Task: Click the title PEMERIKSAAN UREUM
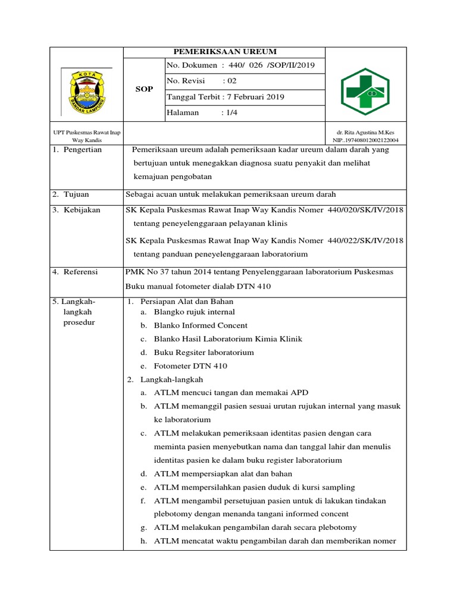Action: click(x=224, y=52)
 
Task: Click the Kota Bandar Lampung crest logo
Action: click(x=87, y=91)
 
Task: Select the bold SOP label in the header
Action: click(x=144, y=89)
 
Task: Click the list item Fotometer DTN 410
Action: click(x=190, y=366)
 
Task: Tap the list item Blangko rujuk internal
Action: click(x=194, y=312)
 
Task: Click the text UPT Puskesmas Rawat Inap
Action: click(x=87, y=132)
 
